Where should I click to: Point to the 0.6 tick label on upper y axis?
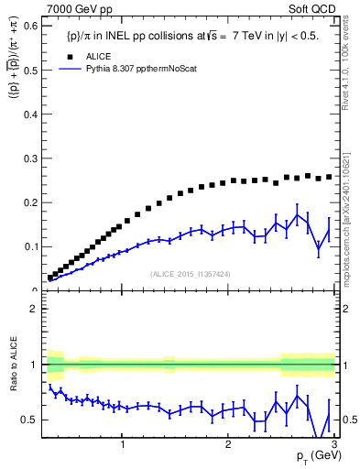29,26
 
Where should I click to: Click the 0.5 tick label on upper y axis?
29,70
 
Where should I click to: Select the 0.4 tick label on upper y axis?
29,114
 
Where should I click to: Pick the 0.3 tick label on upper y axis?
29,158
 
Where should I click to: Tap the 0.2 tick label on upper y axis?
29,202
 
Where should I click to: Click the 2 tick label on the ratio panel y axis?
33,309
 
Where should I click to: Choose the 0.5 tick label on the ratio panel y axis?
29,420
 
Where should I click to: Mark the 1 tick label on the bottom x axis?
123,444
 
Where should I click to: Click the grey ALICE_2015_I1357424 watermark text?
191,273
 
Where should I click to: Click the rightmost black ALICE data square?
330,177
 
